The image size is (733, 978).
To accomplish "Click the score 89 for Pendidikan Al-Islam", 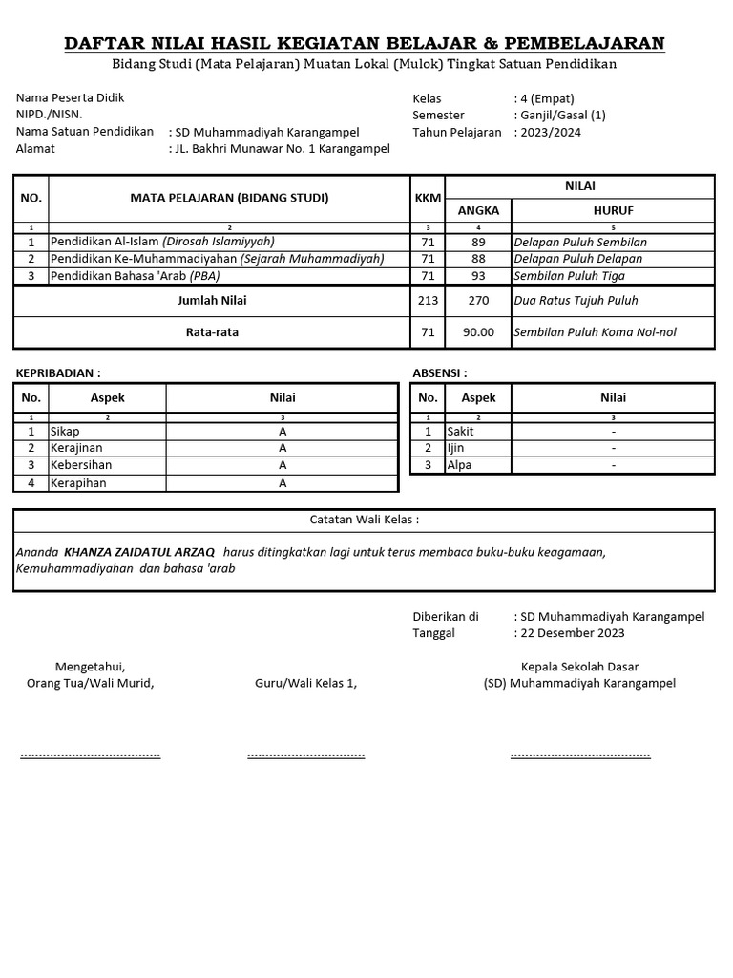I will (478, 242).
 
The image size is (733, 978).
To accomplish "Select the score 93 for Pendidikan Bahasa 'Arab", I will (478, 276).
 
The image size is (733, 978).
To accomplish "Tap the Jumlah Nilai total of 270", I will (478, 301).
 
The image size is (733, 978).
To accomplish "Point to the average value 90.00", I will (478, 332).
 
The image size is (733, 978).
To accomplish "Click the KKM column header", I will (429, 198).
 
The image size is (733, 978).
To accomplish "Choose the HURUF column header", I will (613, 210).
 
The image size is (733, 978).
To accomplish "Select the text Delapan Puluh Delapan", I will (577, 259).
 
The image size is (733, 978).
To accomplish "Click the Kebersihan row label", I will (81, 465).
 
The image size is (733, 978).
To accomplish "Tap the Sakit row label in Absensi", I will (461, 431).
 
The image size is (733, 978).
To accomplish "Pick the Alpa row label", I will (459, 465).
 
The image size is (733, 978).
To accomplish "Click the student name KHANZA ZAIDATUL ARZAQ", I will (139, 552).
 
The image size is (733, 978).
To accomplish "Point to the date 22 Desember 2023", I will (573, 632).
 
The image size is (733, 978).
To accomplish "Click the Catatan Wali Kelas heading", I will (365, 521).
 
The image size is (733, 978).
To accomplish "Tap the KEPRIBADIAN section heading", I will (58, 372).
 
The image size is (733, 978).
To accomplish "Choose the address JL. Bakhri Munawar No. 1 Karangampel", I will (282, 149).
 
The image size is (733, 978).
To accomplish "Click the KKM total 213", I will (429, 301).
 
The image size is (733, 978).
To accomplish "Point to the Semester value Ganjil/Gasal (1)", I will (563, 116).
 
